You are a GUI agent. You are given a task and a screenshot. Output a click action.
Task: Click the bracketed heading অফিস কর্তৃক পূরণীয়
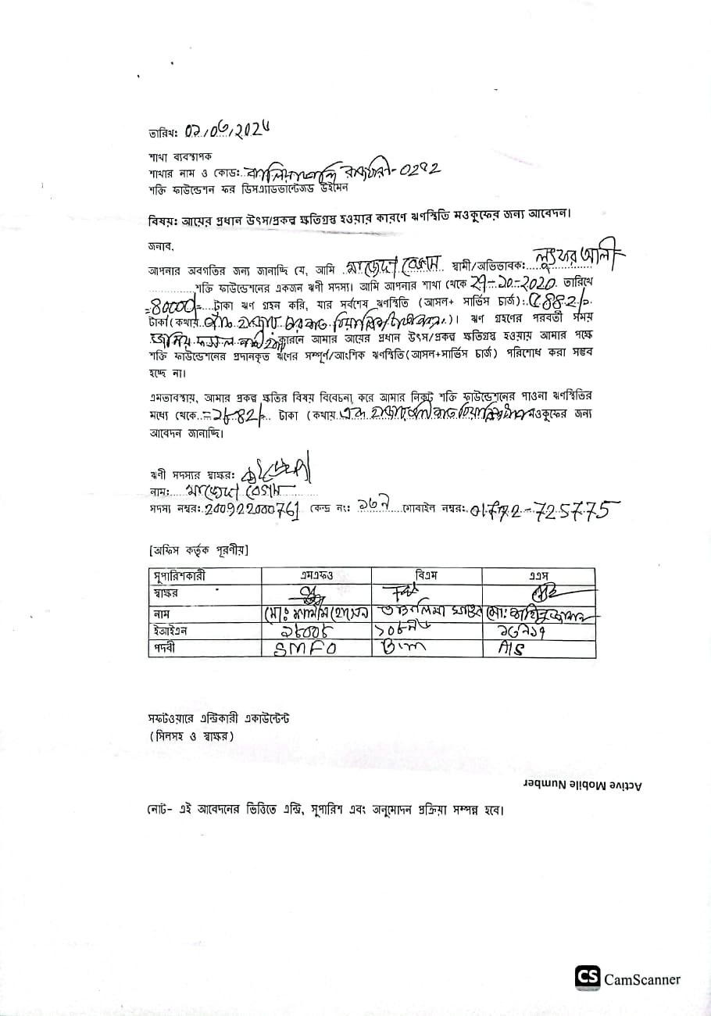point(198,551)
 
